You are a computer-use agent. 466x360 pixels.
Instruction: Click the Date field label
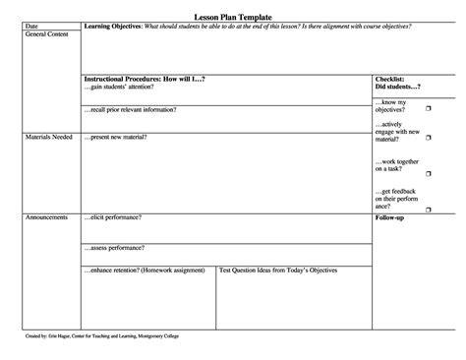coord(31,26)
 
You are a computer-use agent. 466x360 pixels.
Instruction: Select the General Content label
coord(45,33)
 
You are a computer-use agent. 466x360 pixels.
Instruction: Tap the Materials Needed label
coord(47,137)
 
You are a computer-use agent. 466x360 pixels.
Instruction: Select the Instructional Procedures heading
coord(145,78)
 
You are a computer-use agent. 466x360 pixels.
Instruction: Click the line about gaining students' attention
coord(123,86)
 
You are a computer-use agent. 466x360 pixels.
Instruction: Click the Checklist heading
coord(390,78)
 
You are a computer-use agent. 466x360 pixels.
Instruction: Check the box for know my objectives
coord(429,101)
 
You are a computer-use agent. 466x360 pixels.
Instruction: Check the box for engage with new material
coord(429,137)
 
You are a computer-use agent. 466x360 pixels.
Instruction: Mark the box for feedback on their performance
coord(429,208)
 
